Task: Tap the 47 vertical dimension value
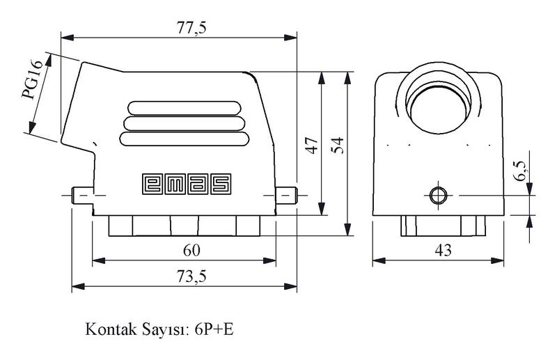pyautogui.click(x=311, y=145)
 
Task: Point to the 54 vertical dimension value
pyautogui.click(x=338, y=145)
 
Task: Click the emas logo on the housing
pyautogui.click(x=187, y=183)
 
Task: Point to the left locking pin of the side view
pyautogui.click(x=81, y=196)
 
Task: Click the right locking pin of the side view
pyautogui.click(x=286, y=195)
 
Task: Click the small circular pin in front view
pyautogui.click(x=437, y=196)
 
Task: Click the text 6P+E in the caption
pyautogui.click(x=214, y=328)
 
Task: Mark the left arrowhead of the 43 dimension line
pyautogui.click(x=377, y=261)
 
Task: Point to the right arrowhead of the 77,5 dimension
pyautogui.click(x=293, y=36)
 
